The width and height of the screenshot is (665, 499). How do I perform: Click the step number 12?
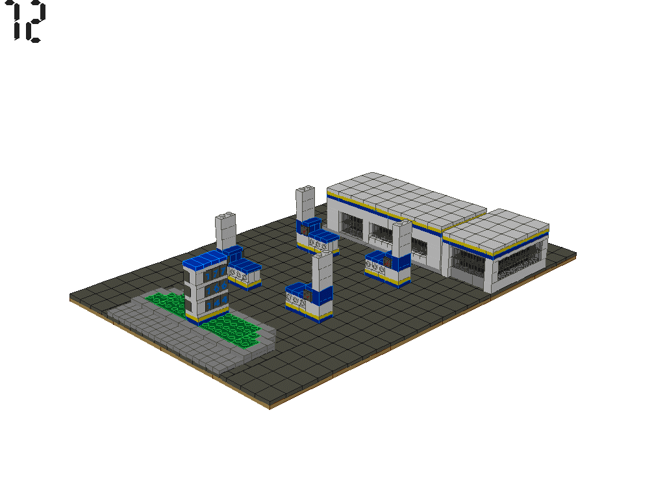(x=28, y=22)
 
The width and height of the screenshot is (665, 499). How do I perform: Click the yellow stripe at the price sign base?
(x=207, y=319)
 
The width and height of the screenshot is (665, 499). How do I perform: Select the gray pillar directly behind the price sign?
(x=225, y=230)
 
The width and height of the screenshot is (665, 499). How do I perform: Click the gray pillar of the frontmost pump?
(x=321, y=272)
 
